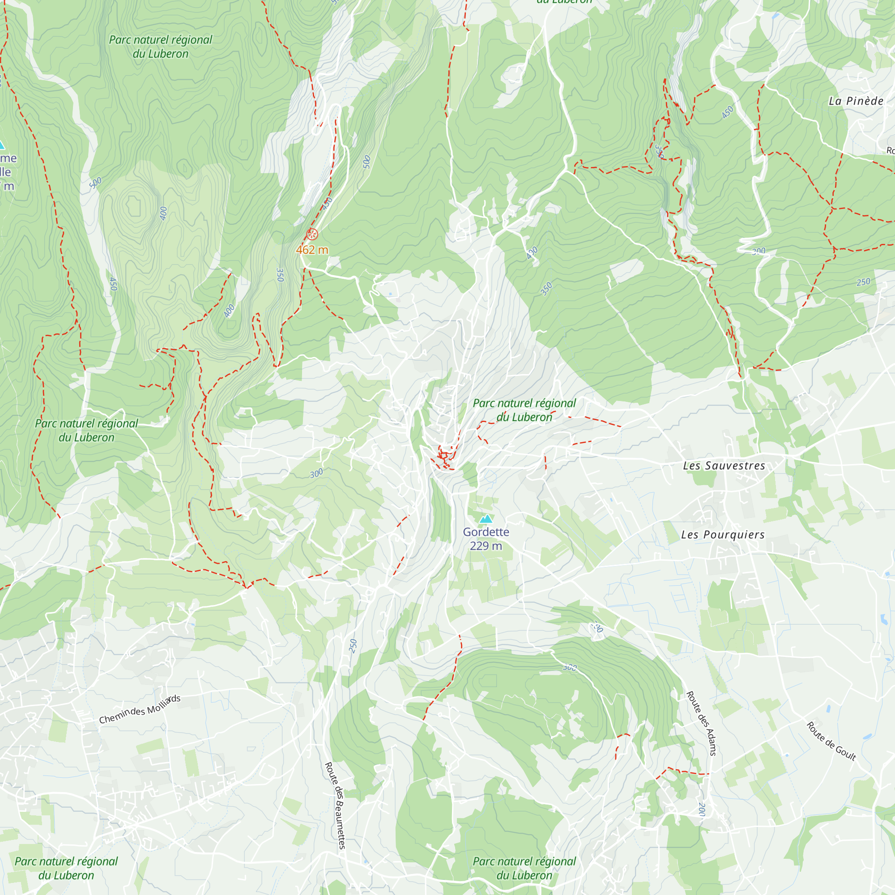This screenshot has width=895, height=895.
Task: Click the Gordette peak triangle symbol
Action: click(486, 518)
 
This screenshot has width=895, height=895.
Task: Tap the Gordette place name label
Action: click(486, 532)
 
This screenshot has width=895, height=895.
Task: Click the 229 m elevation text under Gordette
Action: click(486, 546)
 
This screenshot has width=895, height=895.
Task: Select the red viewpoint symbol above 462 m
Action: click(312, 234)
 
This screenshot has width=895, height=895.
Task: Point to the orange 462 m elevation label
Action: click(312, 250)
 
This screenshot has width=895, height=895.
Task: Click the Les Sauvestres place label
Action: click(724, 465)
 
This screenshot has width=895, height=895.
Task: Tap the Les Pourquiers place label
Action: click(723, 535)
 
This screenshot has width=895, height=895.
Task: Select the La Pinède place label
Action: click(856, 101)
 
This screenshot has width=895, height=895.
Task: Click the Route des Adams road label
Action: click(701, 723)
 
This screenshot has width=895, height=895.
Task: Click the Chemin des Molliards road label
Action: click(140, 709)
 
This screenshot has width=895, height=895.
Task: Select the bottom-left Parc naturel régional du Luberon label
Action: click(66, 868)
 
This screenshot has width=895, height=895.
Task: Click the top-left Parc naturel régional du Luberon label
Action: click(160, 47)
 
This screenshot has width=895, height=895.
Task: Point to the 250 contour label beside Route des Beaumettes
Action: click(353, 646)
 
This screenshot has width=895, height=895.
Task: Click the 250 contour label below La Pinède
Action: click(863, 282)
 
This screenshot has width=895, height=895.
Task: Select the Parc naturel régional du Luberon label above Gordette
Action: click(524, 410)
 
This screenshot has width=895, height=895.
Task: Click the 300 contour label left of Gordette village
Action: click(316, 473)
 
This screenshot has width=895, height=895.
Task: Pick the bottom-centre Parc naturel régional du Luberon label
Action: click(524, 868)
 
